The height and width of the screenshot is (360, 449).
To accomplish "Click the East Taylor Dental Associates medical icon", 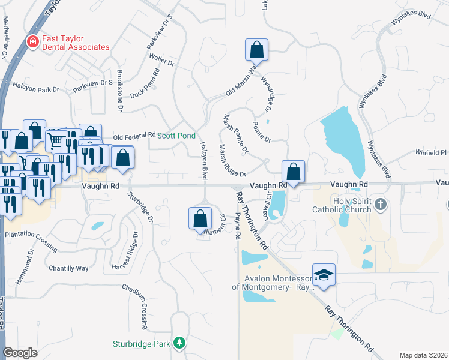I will coord(33,41).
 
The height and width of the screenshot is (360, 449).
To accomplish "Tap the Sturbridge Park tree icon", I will coord(179,343).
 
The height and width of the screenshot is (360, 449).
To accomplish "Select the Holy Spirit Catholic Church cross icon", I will coord(380,205).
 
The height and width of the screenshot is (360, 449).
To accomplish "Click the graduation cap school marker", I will coord(324,275).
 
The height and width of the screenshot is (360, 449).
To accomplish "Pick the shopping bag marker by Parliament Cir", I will coord(200,218).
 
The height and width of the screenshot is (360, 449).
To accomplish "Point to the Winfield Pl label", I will coord(431,153).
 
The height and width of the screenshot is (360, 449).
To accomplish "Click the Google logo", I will coord(20,353).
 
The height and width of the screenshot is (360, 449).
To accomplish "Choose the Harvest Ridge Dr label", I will coord(125,250).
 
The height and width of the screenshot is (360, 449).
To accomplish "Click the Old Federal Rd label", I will coord(134,136).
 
